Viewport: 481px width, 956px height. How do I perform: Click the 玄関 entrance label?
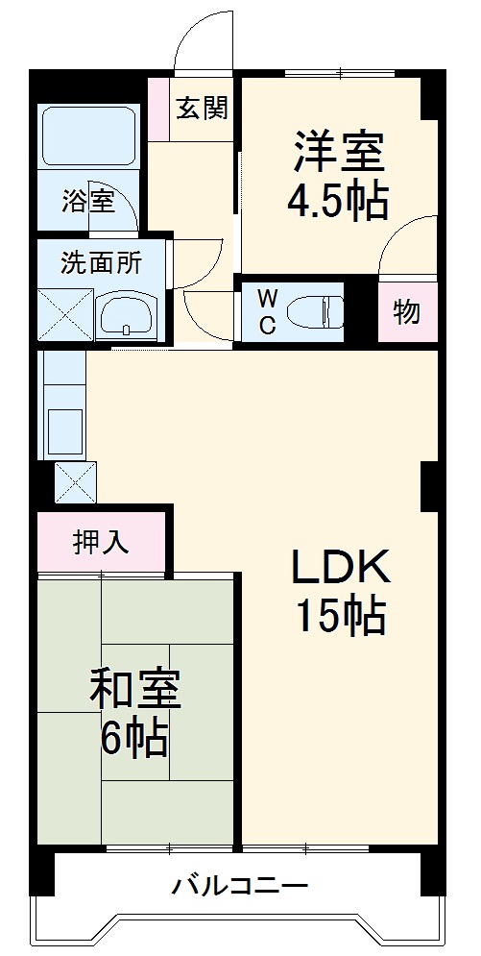point(202,108)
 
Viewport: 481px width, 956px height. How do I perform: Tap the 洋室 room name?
point(338,151)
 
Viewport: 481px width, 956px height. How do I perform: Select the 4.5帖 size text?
point(338,201)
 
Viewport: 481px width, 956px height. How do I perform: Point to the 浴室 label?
point(88,202)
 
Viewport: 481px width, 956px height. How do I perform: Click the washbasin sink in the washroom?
point(128,313)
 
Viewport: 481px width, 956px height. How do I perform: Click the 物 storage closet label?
point(406,312)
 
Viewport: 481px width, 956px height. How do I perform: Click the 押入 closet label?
point(101,543)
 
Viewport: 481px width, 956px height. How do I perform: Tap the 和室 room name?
point(134,689)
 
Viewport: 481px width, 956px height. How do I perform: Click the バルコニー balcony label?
point(239,885)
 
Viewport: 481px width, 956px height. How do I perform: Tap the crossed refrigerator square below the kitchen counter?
point(75,482)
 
